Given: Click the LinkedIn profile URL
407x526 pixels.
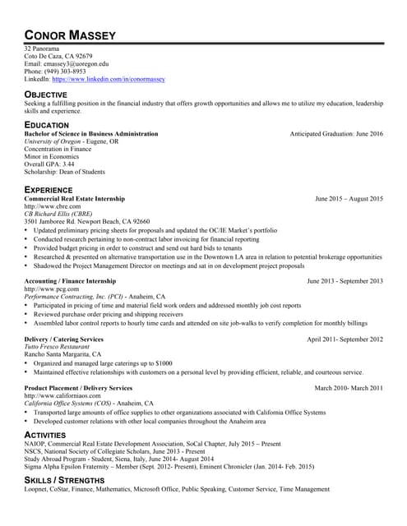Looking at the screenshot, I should click(109, 80).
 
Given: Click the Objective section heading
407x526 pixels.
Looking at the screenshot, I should click(46, 95).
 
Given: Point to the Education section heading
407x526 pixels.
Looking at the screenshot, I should click(47, 125).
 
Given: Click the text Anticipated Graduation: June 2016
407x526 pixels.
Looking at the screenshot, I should click(336, 133).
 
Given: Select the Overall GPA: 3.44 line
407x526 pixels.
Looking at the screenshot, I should click(49, 164).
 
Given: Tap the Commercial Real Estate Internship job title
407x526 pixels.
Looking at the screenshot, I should click(75, 199).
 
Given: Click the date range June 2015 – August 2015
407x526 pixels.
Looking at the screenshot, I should click(349, 199).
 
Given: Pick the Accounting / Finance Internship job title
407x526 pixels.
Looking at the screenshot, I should click(70, 281).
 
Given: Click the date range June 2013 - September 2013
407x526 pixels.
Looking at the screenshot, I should click(345, 281).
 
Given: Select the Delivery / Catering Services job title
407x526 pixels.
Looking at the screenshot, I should click(64, 339).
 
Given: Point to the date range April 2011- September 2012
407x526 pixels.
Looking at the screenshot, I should click(345, 339).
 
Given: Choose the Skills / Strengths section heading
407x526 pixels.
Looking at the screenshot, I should click(62, 479).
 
